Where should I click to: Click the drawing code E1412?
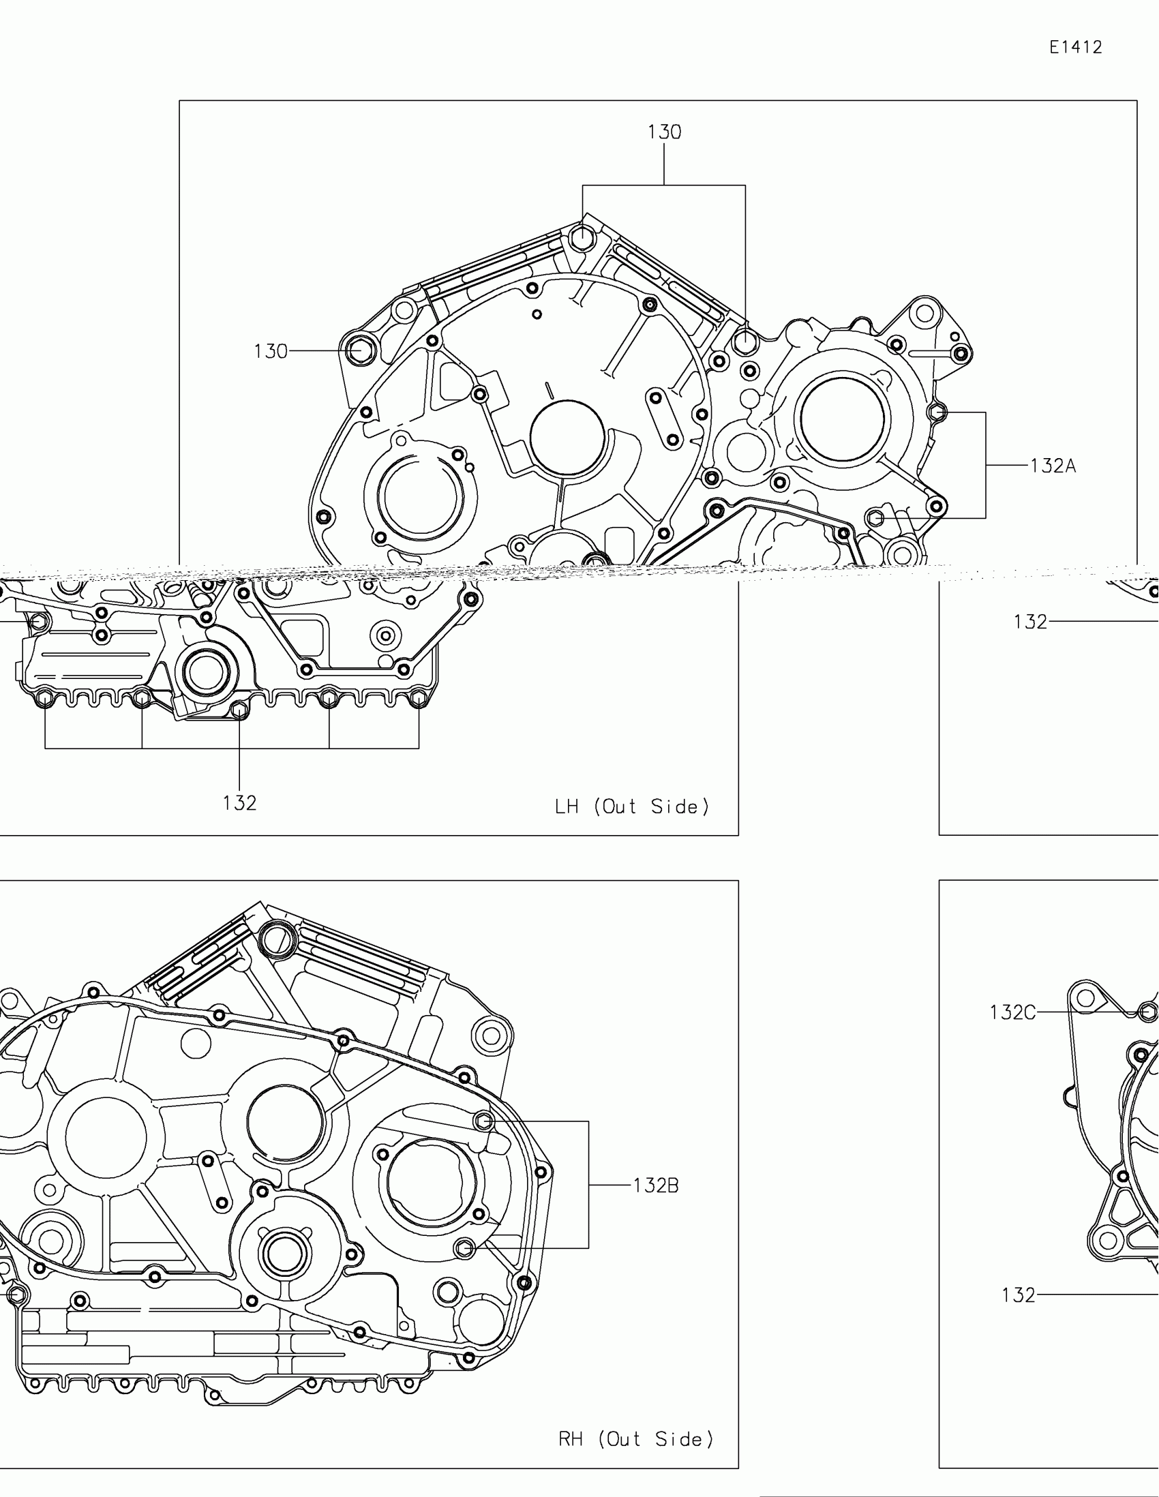click(1076, 47)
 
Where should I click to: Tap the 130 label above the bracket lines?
click(664, 132)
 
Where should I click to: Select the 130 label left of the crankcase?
click(271, 352)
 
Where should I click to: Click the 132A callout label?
click(1053, 466)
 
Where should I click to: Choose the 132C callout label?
click(1013, 1012)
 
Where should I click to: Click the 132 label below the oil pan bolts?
click(240, 802)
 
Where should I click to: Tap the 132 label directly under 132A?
click(1031, 622)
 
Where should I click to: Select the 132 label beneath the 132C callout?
click(1019, 1295)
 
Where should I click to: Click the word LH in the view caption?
click(567, 806)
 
